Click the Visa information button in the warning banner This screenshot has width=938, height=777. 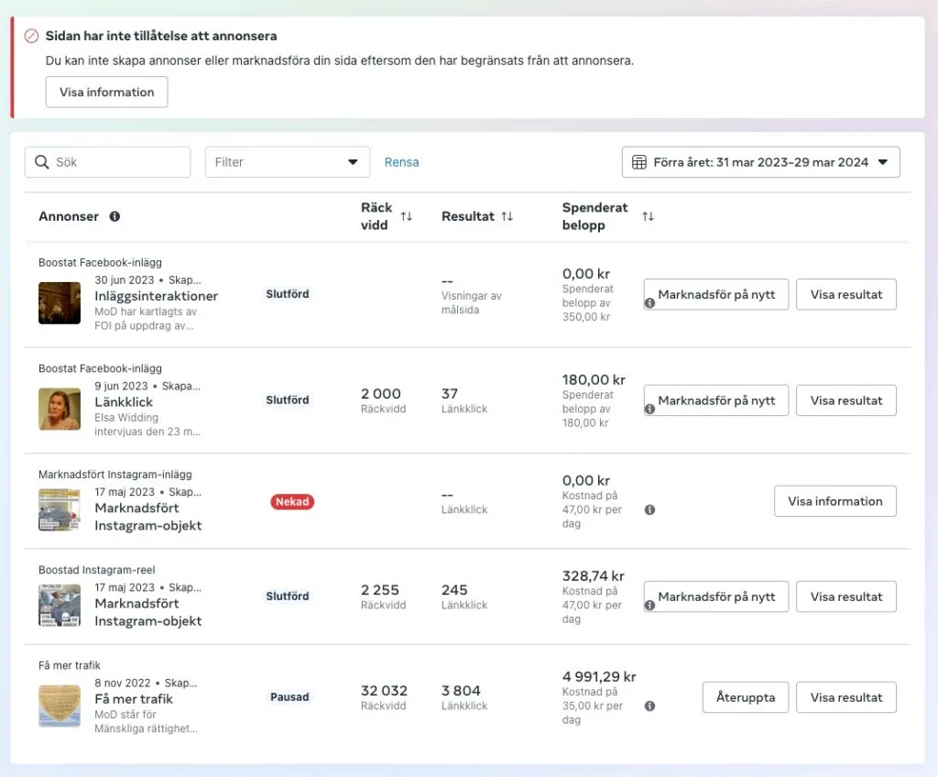[106, 92]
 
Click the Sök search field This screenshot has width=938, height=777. [107, 162]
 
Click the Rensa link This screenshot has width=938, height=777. [401, 162]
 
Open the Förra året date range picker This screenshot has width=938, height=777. [760, 162]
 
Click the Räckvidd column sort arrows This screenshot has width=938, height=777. [406, 216]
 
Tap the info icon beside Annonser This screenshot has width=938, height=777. [115, 217]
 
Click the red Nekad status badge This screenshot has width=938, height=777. [292, 502]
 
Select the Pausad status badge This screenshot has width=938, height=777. [289, 697]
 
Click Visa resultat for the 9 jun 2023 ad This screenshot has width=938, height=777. [845, 400]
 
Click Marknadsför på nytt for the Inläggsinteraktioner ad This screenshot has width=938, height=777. [716, 295]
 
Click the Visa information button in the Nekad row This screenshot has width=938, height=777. [834, 501]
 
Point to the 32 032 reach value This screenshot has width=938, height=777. [384, 691]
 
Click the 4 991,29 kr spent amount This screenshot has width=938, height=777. [598, 677]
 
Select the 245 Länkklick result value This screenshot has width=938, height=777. [454, 590]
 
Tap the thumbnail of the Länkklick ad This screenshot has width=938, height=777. [60, 409]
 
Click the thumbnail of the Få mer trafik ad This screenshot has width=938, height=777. [60, 706]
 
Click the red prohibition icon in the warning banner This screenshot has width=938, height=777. [31, 37]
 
